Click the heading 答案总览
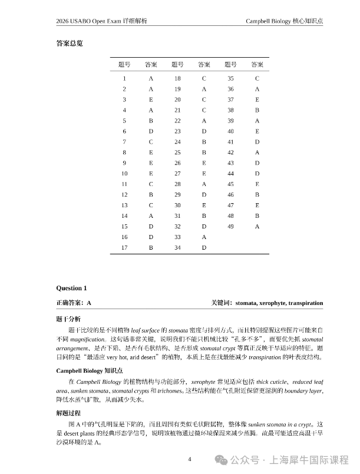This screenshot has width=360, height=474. [x=69, y=43]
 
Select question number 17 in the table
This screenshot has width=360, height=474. [x=124, y=248]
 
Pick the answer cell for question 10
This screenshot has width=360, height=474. [x=151, y=174]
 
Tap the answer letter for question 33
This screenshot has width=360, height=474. [x=204, y=237]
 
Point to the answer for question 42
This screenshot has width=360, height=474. [x=257, y=153]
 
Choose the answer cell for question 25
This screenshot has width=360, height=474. [x=204, y=153]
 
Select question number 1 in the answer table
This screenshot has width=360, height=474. [x=124, y=78]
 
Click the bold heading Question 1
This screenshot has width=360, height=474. [x=71, y=288]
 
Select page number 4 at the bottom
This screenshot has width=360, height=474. [x=190, y=459]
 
